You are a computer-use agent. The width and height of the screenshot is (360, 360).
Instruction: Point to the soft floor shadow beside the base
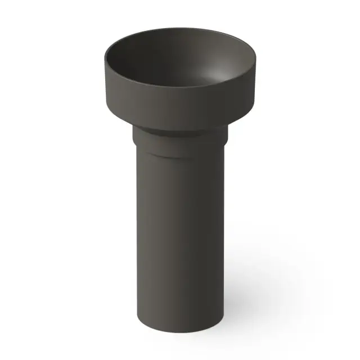click(x=253, y=315)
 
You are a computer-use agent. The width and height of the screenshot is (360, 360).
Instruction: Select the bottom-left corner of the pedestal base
click(x=137, y=326)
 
